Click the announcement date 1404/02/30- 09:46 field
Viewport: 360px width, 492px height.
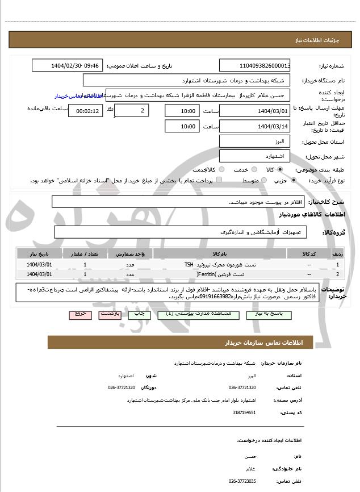pos(68,65)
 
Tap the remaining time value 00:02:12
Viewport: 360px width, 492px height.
pos(86,111)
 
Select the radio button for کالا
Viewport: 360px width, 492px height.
pos(280,169)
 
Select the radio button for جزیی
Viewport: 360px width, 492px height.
pos(293,180)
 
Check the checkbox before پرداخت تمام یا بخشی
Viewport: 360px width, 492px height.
pos(219,180)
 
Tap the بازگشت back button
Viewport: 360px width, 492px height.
pos(109,314)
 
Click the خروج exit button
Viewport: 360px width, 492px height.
pos(80,314)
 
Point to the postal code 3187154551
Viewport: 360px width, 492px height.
pos(244,413)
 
